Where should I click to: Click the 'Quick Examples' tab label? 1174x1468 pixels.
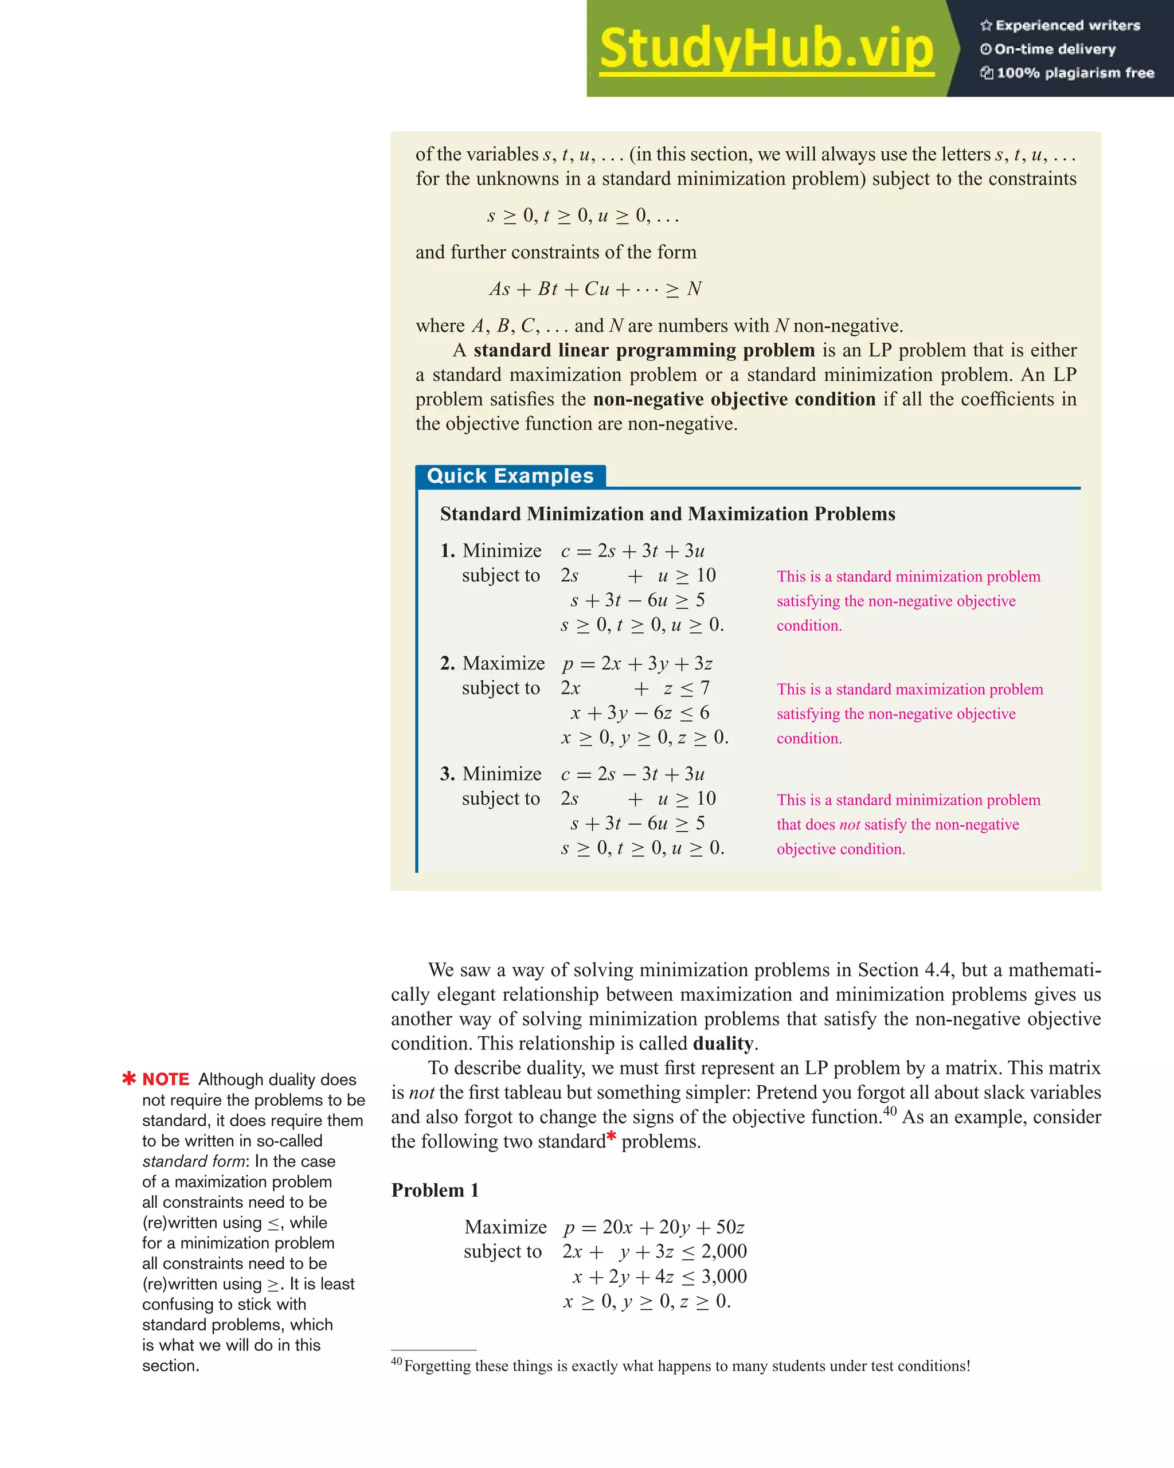coord(510,476)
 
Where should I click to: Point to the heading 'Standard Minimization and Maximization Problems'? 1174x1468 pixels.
coord(667,514)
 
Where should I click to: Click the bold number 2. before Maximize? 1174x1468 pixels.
coord(447,663)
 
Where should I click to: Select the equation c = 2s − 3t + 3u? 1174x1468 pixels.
coord(633,774)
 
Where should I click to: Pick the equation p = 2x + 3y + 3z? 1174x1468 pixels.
coord(637,664)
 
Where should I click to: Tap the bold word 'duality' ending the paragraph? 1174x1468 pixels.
coord(722,1044)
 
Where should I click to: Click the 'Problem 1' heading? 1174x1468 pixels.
coord(435,1190)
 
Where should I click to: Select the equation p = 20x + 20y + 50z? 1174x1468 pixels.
coord(653,1228)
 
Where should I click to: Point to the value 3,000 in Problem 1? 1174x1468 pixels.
coord(724,1277)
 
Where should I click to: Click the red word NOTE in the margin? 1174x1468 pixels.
coord(166,1080)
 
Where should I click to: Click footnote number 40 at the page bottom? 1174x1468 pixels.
coord(396,1361)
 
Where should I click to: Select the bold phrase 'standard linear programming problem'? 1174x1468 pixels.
coord(644,350)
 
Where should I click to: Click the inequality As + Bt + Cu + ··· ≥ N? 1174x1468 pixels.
coord(595,289)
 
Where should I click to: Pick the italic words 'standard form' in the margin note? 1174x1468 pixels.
coord(193,1161)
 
